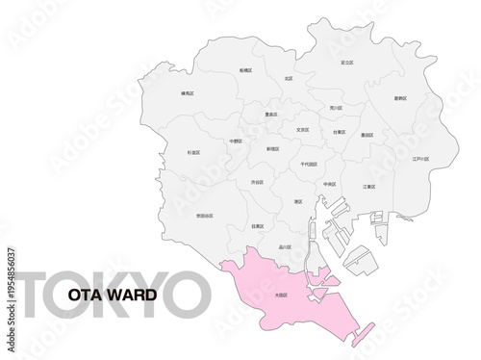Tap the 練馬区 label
[187, 93]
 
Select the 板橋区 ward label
[247, 70]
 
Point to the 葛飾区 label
[400, 98]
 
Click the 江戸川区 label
[420, 159]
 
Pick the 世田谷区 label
[205, 216]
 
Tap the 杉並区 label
[194, 152]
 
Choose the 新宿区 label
[272, 149]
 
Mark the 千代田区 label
[309, 165]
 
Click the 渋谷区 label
[257, 181]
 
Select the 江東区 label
[368, 187]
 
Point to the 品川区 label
[285, 246]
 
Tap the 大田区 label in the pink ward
[282, 296]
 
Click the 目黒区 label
[257, 226]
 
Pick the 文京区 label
[302, 129]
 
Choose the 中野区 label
[237, 141]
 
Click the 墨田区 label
[367, 135]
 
